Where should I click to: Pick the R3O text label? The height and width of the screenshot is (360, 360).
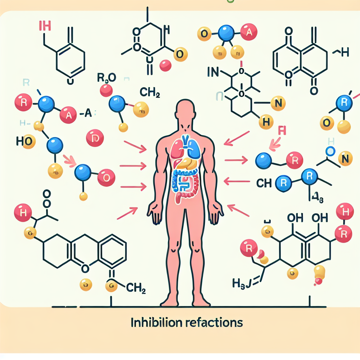(105, 78)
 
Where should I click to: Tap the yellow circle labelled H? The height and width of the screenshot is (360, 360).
(266, 122)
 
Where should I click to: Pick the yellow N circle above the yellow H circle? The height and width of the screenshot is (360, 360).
(277, 103)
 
